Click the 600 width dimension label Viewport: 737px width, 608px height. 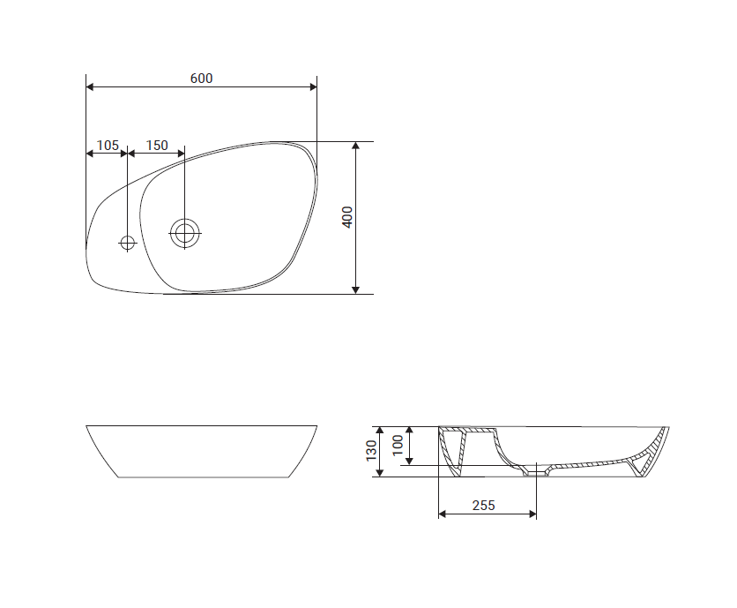point(201,79)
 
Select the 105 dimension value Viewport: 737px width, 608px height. point(108,146)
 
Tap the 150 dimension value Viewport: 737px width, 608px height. point(157,146)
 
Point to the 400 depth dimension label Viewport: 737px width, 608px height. point(346,217)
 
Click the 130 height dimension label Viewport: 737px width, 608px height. point(371,451)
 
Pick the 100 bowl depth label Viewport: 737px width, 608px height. point(398,445)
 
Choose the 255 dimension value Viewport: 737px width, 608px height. point(484,506)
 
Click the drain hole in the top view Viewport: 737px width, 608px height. point(185,233)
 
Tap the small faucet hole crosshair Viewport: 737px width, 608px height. point(127,243)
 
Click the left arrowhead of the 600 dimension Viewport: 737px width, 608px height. point(90,87)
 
